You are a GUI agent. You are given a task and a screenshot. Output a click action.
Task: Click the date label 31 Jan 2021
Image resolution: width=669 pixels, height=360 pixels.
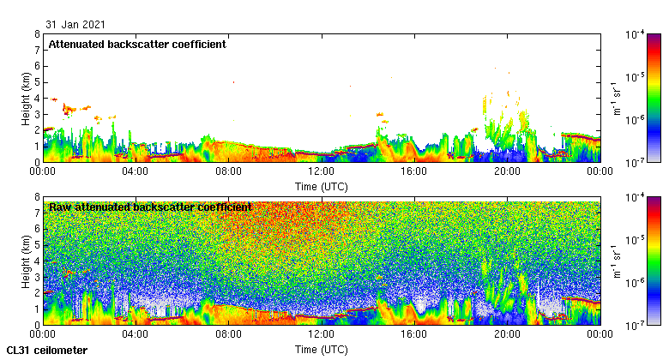77,24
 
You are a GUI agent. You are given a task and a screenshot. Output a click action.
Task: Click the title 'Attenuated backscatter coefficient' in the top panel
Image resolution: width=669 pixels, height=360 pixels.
137,44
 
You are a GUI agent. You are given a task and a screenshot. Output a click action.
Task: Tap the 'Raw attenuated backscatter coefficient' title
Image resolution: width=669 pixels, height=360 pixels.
150,207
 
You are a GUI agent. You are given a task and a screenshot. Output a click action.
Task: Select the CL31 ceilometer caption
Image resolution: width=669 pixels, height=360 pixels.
46,350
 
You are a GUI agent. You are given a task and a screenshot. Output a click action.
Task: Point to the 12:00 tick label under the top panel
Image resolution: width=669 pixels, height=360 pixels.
321,171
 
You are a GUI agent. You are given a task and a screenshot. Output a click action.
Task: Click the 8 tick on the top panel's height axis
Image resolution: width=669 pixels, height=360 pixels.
37,34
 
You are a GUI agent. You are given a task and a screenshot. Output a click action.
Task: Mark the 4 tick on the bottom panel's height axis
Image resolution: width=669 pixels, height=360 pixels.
37,261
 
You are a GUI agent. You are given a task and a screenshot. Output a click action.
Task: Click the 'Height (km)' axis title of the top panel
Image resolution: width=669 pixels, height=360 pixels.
27,98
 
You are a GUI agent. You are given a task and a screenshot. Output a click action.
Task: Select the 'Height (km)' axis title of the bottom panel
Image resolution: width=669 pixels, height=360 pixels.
27,261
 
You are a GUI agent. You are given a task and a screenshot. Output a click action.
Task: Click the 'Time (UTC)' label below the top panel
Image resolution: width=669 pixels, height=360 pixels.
321,185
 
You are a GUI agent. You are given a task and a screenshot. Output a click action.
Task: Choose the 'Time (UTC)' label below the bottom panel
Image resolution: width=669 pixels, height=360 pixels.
321,349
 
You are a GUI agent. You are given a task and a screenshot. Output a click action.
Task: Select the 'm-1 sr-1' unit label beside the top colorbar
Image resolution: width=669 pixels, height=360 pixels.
616,98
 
